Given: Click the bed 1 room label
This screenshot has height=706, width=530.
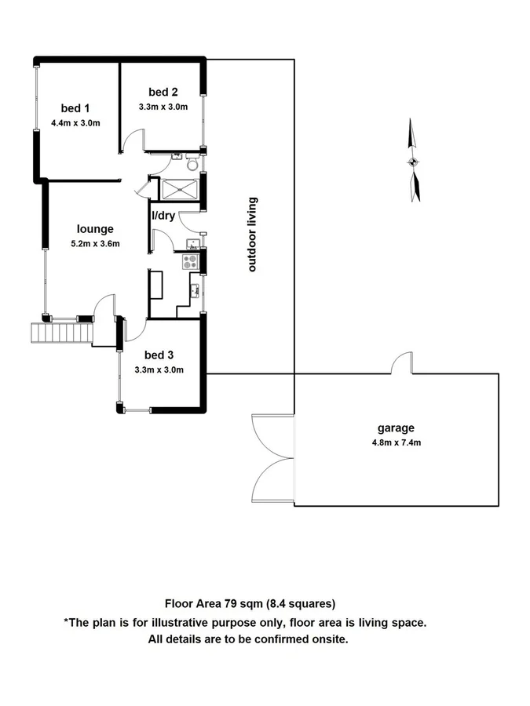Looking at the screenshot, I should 76,108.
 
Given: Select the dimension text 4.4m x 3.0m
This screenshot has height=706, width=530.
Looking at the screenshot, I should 76,122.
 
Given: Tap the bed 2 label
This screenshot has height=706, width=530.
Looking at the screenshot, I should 162,93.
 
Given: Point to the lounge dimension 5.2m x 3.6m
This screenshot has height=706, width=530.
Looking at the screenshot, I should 96,243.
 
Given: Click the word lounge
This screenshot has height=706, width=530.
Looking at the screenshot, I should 96,229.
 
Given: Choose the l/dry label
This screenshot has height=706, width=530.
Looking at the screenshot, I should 163,215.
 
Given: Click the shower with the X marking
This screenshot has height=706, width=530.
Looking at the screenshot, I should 180,189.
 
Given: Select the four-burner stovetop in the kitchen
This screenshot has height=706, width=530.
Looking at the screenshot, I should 191,261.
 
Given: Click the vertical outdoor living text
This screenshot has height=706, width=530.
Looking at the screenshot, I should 253,235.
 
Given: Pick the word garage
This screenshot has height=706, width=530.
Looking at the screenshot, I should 396,428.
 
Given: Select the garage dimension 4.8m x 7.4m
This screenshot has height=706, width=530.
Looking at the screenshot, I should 396,442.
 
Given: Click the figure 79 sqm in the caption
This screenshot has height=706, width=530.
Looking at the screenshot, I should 244,603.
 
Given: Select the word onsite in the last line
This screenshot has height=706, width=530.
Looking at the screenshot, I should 330,639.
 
